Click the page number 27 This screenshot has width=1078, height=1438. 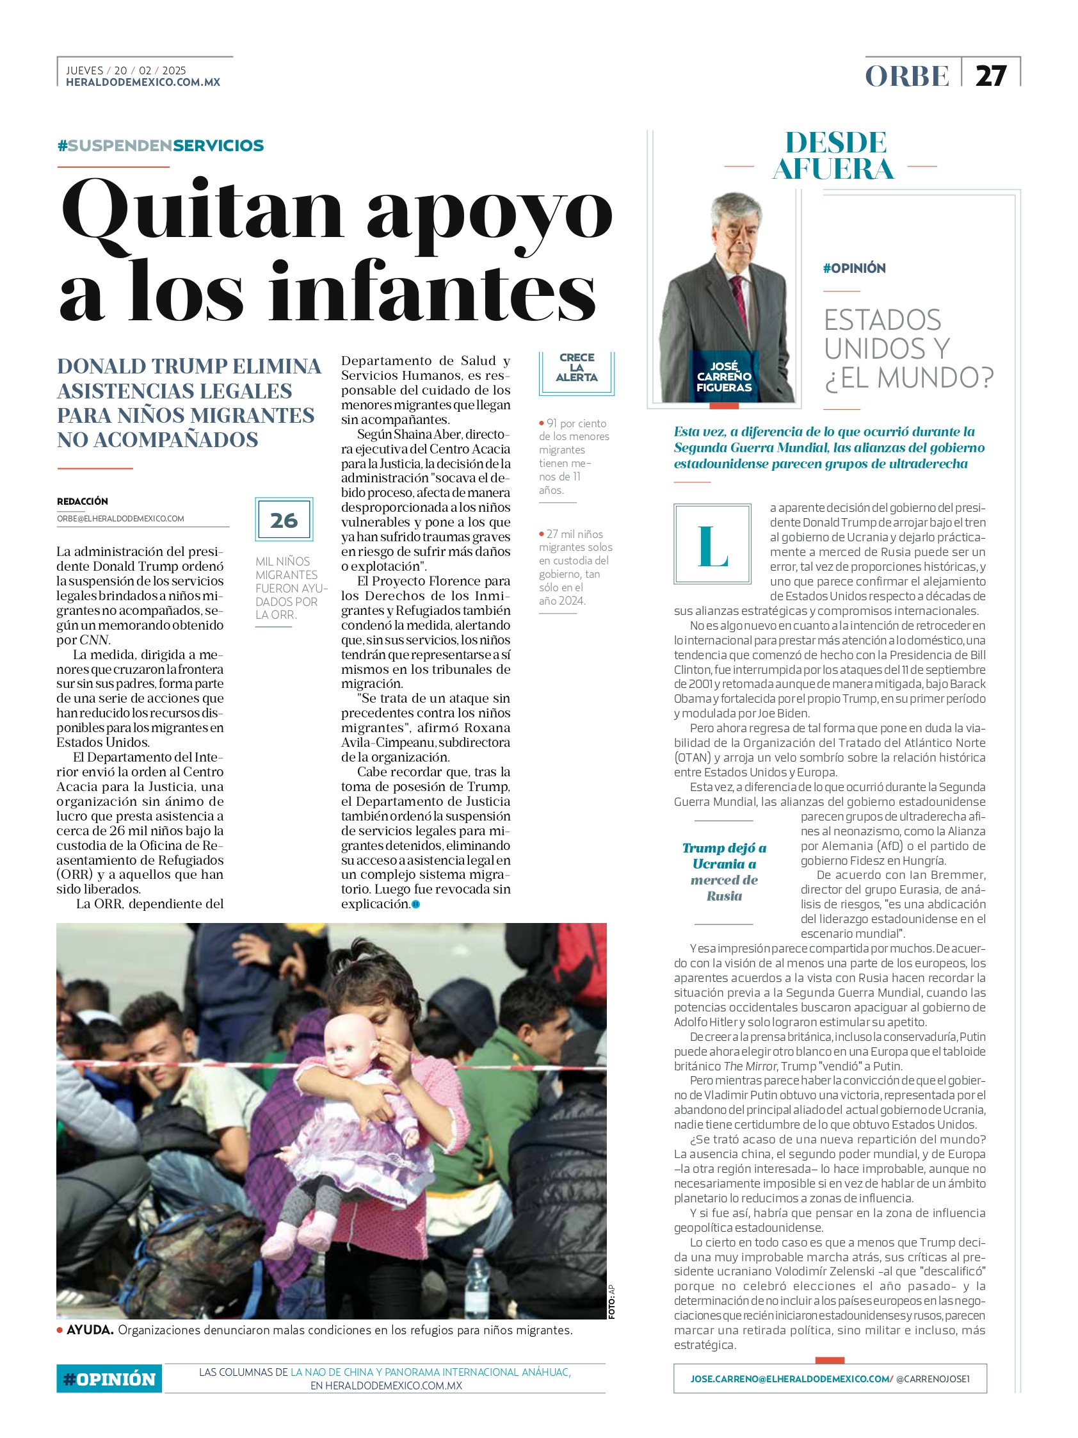point(990,76)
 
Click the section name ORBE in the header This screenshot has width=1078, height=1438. point(907,76)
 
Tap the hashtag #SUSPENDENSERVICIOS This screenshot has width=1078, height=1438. point(161,145)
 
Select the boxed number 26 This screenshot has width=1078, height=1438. point(284,520)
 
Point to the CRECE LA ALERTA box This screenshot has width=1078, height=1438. point(576,368)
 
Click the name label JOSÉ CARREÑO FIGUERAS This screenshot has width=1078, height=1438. point(724,377)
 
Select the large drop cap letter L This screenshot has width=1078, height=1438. point(712,544)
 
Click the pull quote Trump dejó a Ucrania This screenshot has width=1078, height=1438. point(724,872)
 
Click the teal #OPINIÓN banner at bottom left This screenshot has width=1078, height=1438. point(109,1378)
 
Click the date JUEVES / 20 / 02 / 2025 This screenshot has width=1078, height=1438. point(126,70)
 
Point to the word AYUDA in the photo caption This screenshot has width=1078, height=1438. point(90,1330)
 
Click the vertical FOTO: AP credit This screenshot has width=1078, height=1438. point(611,1302)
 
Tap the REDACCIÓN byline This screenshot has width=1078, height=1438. point(83,502)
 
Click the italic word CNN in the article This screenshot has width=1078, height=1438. point(94,640)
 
